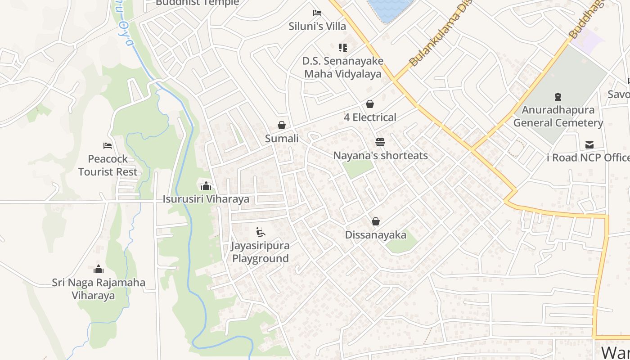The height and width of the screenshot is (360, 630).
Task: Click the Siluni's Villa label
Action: pyautogui.click(x=317, y=26)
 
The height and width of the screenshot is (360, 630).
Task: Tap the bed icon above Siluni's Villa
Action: pyautogui.click(x=317, y=13)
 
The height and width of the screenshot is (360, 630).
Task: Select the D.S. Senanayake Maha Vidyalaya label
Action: pyautogui.click(x=342, y=67)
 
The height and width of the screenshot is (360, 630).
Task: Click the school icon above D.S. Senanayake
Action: pyautogui.click(x=343, y=47)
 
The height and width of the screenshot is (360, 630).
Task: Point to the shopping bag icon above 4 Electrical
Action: pyautogui.click(x=370, y=104)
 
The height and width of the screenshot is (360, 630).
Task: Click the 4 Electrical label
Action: pyautogui.click(x=370, y=117)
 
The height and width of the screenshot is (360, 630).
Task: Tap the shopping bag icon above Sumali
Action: pyautogui.click(x=282, y=125)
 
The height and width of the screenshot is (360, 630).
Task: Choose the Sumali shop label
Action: pyautogui.click(x=282, y=139)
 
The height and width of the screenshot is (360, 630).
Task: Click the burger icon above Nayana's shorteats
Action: pyautogui.click(x=380, y=142)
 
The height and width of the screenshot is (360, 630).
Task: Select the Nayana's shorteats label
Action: pyautogui.click(x=380, y=156)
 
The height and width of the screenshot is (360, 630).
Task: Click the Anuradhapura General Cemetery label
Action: pyautogui.click(x=558, y=116)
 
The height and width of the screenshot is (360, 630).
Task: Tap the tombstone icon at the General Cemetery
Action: pyautogui.click(x=558, y=96)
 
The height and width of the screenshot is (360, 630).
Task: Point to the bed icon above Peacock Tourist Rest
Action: pyautogui.click(x=108, y=145)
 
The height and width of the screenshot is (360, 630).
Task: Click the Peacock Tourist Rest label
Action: pyautogui.click(x=108, y=165)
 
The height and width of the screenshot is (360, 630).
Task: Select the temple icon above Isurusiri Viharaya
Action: pyautogui.click(x=206, y=185)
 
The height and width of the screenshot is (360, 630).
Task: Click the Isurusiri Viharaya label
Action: pyautogui.click(x=206, y=199)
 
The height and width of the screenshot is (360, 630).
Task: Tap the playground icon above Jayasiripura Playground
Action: pyautogui.click(x=261, y=232)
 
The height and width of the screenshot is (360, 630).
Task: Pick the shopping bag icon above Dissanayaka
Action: pyautogui.click(x=376, y=221)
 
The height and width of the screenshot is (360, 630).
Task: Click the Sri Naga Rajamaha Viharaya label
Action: pyautogui.click(x=99, y=289)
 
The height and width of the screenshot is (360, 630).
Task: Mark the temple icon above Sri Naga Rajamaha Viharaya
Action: pyautogui.click(x=99, y=269)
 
